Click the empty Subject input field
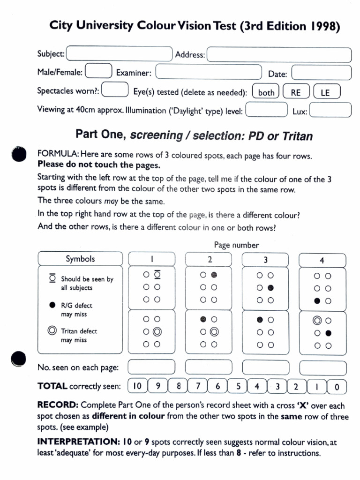tap(120, 53)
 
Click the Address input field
tap(279, 54)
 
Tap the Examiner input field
tap(208, 72)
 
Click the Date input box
tap(321, 73)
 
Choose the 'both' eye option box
tap(266, 92)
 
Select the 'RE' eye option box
tap(296, 92)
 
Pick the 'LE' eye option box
tap(326, 92)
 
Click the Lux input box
tap(330, 111)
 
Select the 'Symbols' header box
tap(80, 259)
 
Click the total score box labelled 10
tap(137, 386)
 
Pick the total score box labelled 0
tap(337, 387)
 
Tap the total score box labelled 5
tap(238, 387)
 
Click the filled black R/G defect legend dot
tap(52, 305)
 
